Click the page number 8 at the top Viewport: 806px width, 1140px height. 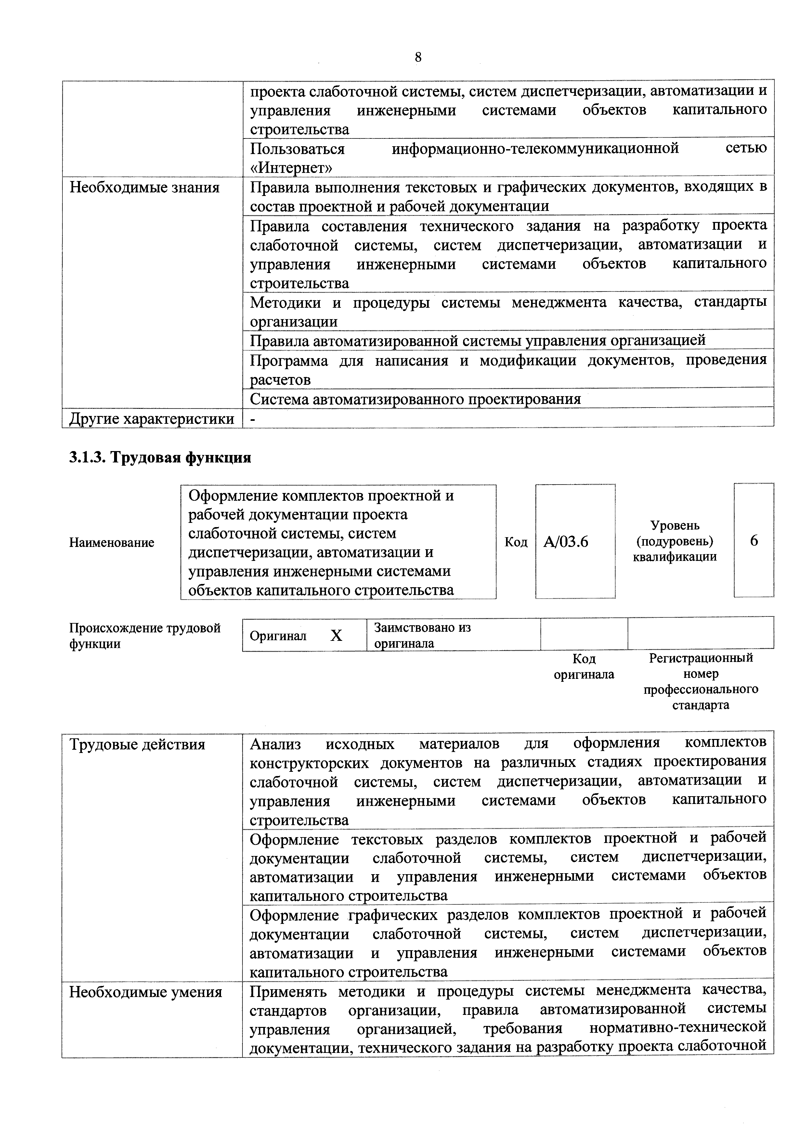click(x=418, y=58)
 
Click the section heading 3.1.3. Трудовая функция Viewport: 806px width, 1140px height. click(x=160, y=457)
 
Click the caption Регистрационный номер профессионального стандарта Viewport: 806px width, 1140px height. click(x=701, y=681)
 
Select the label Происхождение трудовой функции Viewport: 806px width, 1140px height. click(x=145, y=636)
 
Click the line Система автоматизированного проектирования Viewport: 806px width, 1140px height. click(x=415, y=399)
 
